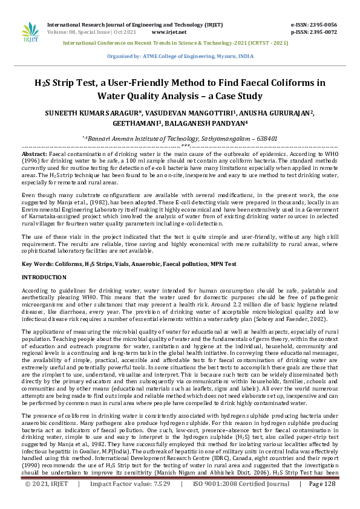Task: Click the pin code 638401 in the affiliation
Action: pos(266,138)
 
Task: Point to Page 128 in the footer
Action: pos(322,501)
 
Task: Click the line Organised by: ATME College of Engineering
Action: pos(180,55)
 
